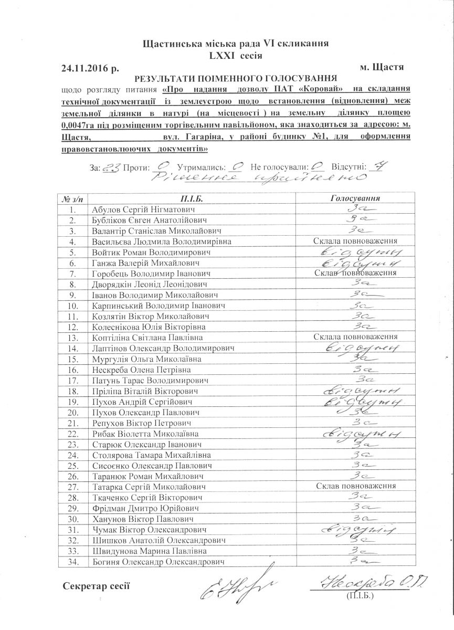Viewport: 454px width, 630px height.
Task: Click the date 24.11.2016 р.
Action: [x=91, y=68]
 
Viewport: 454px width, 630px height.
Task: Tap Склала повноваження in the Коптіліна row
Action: [x=355, y=337]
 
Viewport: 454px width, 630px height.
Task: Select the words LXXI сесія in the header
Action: [x=235, y=55]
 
